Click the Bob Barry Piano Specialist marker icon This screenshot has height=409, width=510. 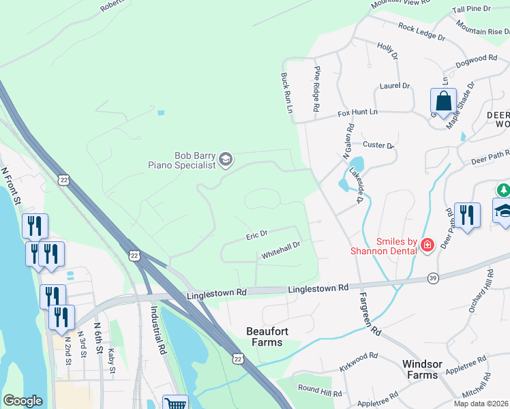226,160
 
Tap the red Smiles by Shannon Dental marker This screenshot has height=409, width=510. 427,244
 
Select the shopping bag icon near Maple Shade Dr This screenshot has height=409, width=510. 443,102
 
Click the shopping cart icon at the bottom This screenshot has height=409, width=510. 176,404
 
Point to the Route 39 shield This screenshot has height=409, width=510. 434,277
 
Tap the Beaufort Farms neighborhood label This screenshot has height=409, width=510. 265,337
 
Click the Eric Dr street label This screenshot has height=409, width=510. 256,236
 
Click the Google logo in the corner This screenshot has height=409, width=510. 22,401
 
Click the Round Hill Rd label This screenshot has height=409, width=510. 320,391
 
